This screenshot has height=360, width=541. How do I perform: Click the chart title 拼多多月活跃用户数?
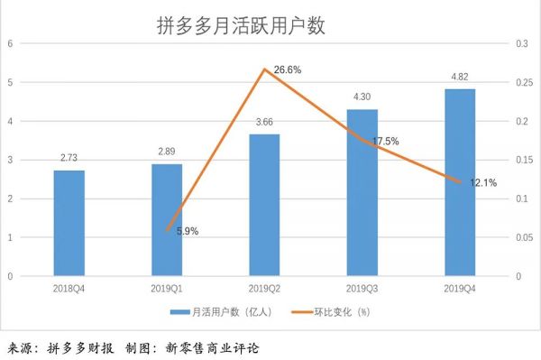241,25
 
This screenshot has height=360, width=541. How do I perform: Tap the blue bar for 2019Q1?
166,220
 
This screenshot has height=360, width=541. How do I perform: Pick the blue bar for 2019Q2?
264,205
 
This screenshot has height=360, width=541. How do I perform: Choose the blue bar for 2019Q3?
362,192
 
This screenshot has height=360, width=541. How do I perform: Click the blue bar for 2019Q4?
460,182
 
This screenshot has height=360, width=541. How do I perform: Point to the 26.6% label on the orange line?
289,69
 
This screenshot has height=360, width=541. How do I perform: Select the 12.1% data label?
483,183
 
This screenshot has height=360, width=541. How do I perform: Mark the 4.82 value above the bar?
460,78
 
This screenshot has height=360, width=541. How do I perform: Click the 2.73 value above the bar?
69,159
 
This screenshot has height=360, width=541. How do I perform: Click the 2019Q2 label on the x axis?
264,288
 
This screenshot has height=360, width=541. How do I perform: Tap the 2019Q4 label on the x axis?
460,288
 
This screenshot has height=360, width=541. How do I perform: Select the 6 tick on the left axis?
10,43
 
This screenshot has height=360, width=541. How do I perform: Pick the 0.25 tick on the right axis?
527,82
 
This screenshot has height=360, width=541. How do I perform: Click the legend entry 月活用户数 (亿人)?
215,312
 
